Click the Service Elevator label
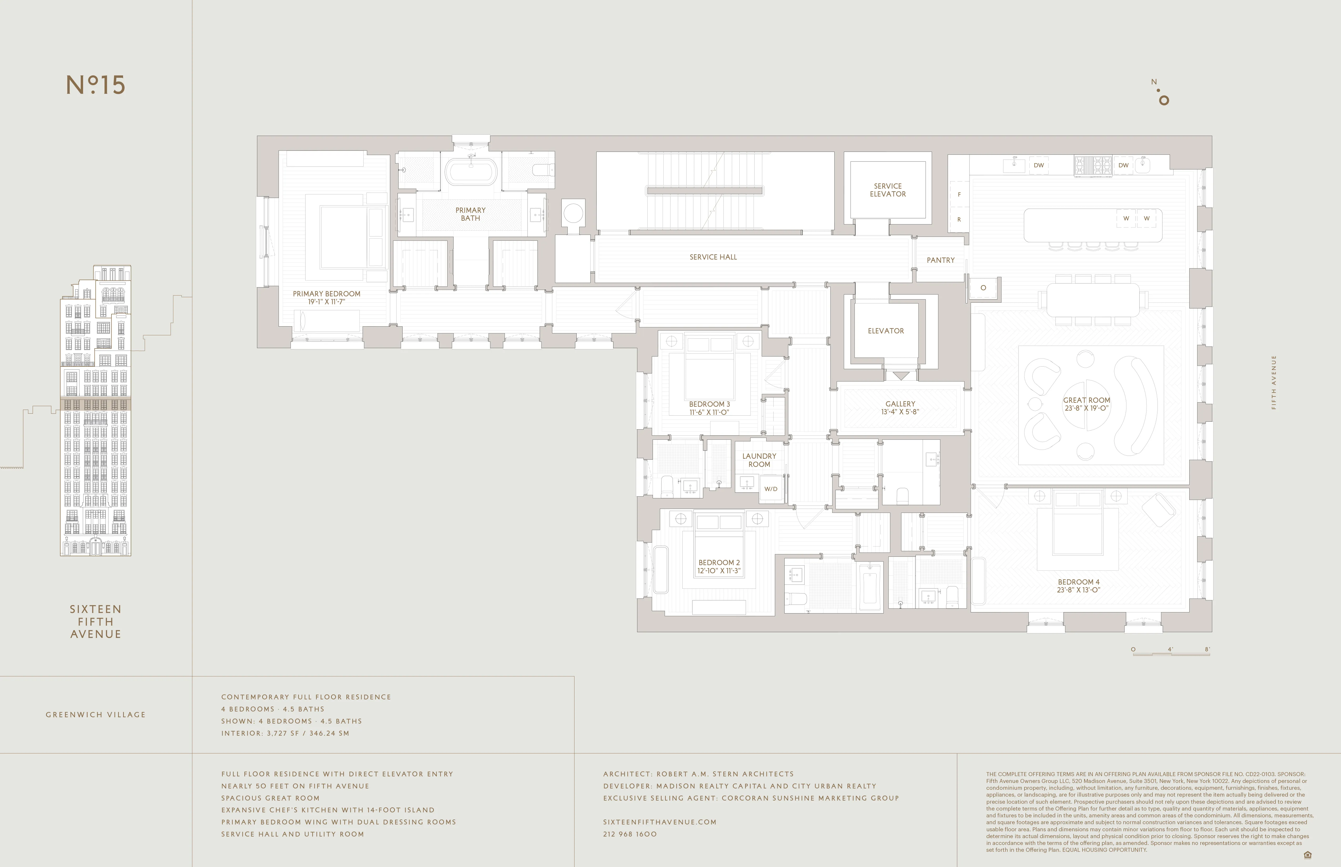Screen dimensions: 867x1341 887,190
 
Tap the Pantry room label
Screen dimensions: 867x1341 940,260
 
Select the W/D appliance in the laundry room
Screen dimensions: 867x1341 770,489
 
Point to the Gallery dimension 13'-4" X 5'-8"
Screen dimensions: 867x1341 900,411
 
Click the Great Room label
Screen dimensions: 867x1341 1086,400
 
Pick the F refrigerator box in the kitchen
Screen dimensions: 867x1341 959,194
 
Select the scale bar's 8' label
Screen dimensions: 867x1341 1207,649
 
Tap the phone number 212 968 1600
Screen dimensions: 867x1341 629,834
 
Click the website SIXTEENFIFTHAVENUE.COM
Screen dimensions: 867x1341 659,822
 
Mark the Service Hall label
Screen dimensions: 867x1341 713,257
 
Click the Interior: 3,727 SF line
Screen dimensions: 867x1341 285,733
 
